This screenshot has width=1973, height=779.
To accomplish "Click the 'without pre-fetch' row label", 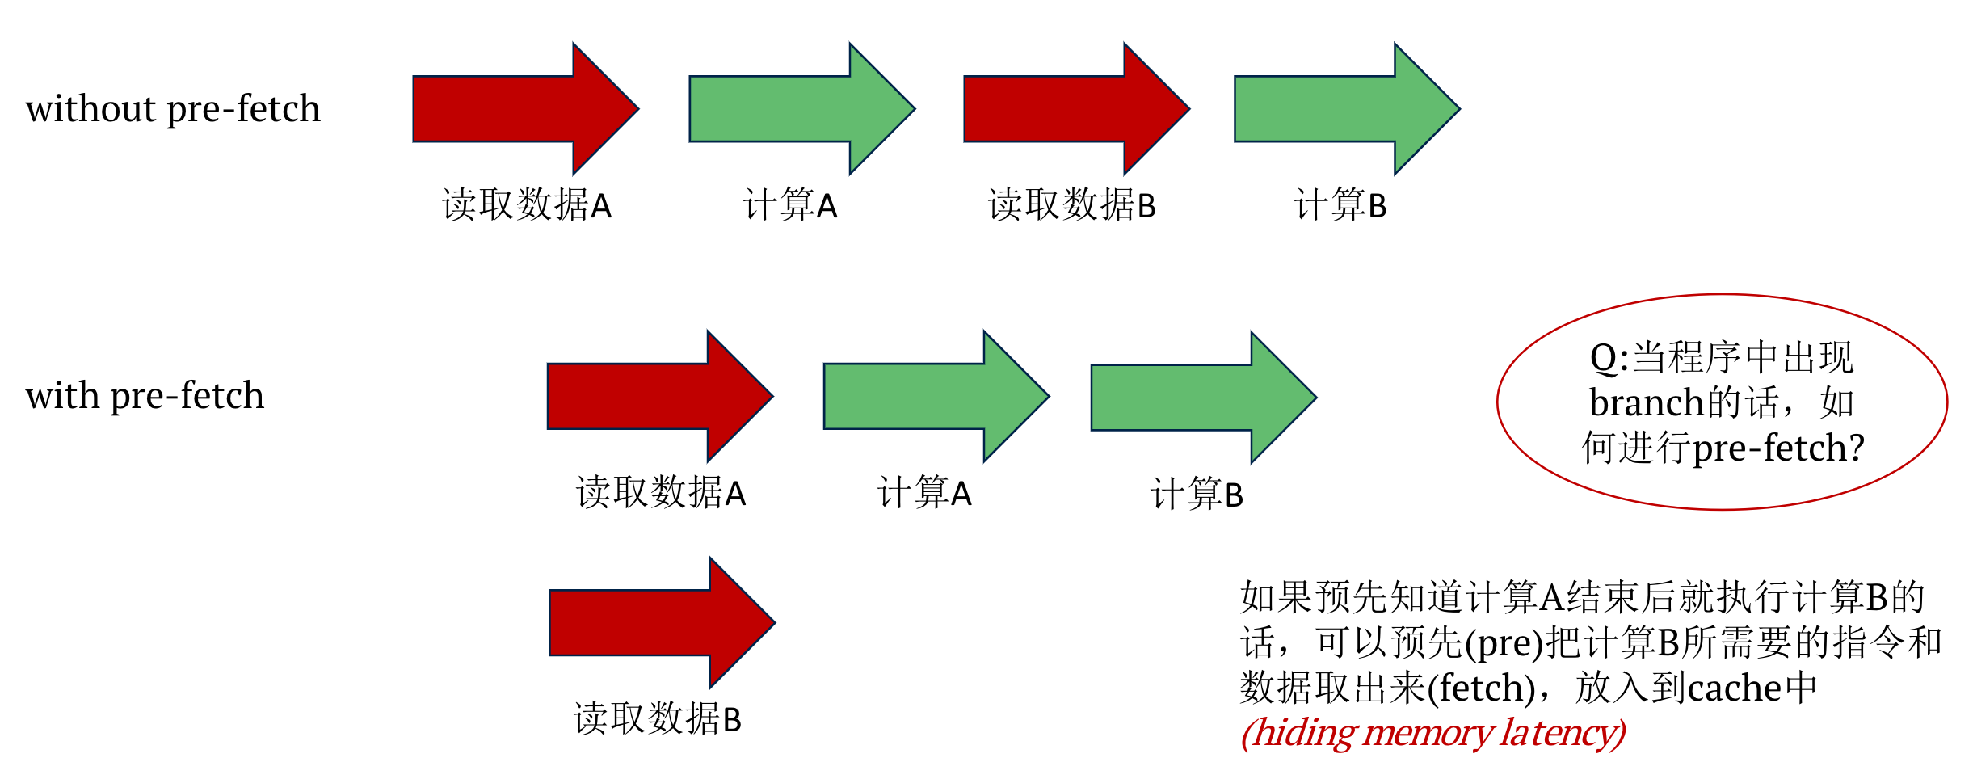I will click(173, 109).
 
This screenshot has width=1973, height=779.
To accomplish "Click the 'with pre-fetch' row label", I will click(145, 396).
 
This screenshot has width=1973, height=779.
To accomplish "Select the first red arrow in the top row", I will click(517, 109).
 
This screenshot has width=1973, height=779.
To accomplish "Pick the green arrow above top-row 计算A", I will click(793, 109).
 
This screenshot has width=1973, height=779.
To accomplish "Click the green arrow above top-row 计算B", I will click(1339, 109).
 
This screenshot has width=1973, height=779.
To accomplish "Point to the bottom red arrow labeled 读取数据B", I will click(653, 623).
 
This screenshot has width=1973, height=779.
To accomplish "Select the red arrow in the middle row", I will click(651, 396).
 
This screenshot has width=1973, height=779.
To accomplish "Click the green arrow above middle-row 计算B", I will click(1195, 398).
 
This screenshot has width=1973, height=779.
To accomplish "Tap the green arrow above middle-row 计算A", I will click(928, 396).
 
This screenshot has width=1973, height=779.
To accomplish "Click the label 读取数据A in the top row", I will click(527, 205).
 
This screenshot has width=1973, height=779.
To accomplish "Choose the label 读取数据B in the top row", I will click(1071, 205).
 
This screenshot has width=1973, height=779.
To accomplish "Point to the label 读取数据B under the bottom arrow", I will click(657, 718).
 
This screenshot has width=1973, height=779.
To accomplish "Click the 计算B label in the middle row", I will click(1197, 494).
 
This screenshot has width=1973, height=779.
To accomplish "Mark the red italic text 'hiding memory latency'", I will click(1432, 733).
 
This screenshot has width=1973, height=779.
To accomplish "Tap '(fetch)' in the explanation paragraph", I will click(1481, 688).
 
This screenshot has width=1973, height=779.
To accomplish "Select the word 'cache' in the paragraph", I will click(1734, 688).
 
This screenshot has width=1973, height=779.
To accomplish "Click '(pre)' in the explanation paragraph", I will click(1504, 643).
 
